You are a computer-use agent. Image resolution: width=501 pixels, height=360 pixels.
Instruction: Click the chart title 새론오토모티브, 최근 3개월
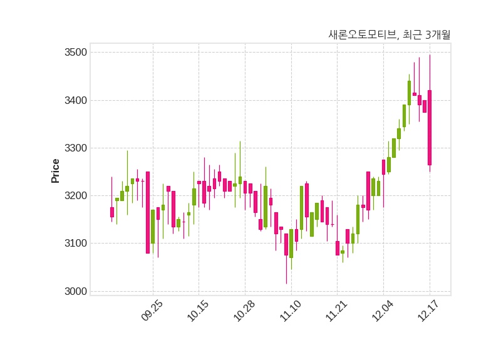click(x=389, y=35)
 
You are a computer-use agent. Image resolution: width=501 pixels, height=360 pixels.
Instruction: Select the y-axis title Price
click(x=56, y=171)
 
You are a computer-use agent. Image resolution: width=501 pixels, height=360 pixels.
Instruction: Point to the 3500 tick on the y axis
click(x=75, y=53)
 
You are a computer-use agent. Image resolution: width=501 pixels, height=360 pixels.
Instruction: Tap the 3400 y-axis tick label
click(x=75, y=100)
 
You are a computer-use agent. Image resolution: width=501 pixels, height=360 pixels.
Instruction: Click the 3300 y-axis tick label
click(x=75, y=148)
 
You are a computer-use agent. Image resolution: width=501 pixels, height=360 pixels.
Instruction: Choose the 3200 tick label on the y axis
click(x=75, y=196)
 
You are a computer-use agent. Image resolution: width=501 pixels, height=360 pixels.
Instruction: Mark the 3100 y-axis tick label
click(x=75, y=244)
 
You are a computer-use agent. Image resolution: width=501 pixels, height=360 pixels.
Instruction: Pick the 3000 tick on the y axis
click(x=75, y=291)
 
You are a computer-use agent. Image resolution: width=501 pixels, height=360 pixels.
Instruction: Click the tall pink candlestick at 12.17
click(x=430, y=128)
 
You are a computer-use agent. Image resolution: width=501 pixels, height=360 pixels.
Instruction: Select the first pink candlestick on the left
click(x=112, y=212)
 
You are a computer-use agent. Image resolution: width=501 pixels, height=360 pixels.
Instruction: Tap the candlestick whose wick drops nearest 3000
click(x=286, y=244)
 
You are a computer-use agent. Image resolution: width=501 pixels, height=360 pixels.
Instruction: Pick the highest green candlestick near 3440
click(x=409, y=93)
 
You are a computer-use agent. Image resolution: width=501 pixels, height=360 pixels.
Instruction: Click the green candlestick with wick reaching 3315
click(x=240, y=180)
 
